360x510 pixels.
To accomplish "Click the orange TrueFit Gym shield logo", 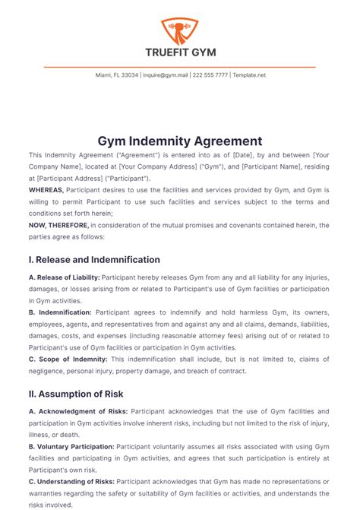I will pyautogui.click(x=180, y=31).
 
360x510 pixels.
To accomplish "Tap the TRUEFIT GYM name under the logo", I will pyautogui.click(x=180, y=52).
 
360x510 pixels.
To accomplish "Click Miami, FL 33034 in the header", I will pyautogui.click(x=117, y=75).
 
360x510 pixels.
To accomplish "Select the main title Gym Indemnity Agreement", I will pyautogui.click(x=180, y=141).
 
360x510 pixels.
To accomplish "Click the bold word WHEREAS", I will pyautogui.click(x=46, y=188).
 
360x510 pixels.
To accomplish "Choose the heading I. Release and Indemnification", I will pyautogui.click(x=94, y=259).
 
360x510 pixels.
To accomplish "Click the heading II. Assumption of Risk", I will pyautogui.click(x=76, y=394).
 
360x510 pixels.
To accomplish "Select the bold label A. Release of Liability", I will pyautogui.click(x=64, y=278).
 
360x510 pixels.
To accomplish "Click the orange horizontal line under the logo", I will pyautogui.click(x=180, y=67).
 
